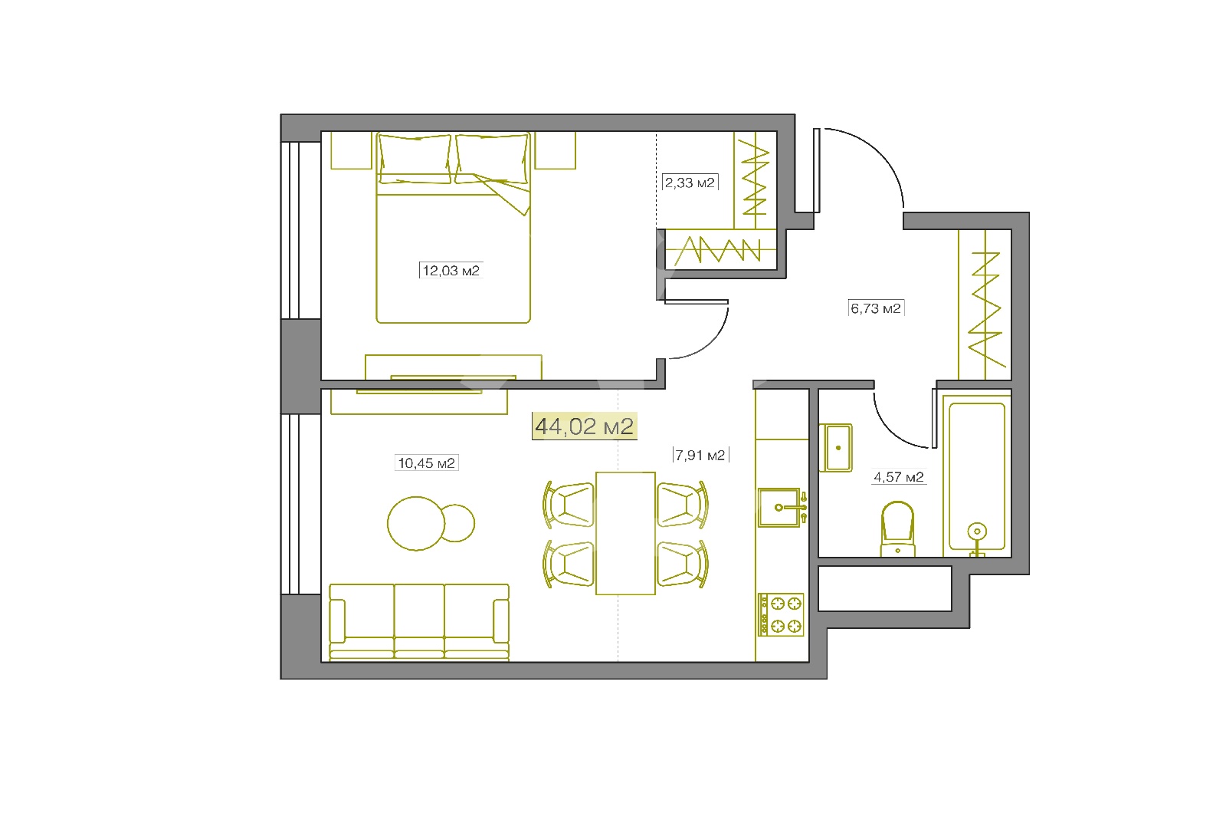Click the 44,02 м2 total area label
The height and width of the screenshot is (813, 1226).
coord(585,426)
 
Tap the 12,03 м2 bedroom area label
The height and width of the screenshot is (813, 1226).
coord(451,271)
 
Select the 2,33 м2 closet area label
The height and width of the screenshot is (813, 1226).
coord(690,183)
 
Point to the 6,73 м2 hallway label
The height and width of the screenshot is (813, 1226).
coord(876,308)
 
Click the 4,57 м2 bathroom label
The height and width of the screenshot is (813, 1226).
coord(899,477)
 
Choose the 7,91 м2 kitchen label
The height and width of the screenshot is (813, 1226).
coord(700,456)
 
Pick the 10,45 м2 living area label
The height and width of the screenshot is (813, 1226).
coord(426,463)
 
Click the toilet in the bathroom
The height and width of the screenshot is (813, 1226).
coord(897,528)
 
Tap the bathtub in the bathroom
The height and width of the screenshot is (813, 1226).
coord(977,476)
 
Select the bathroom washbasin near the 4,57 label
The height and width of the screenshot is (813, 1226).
coord(836,448)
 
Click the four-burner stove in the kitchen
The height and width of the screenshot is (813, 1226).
coord(782,614)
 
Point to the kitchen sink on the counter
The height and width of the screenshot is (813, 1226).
coord(780,508)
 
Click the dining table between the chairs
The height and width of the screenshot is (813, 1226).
coord(625,533)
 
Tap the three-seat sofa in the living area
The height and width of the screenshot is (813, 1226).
coord(419,622)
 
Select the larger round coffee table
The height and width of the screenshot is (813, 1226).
coord(416,523)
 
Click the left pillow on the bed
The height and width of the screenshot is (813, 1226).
coord(415,159)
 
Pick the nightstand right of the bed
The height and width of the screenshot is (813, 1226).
coord(555,150)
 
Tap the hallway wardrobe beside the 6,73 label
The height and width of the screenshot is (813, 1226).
coord(985,304)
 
